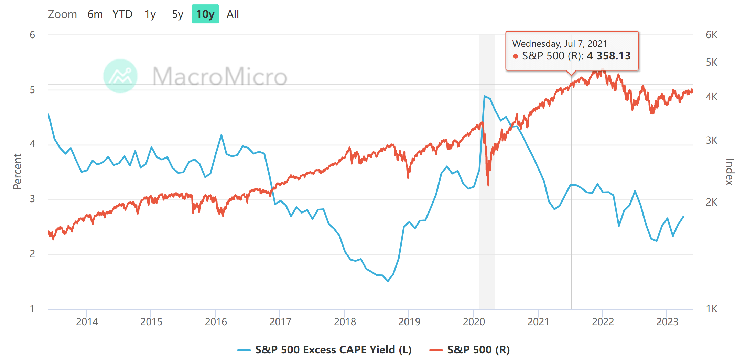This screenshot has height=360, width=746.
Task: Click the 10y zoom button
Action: coord(205,14)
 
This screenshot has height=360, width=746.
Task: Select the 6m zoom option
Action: coord(95,14)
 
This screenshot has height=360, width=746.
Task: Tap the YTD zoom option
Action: coord(122,14)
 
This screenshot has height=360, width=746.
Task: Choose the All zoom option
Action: coord(233,14)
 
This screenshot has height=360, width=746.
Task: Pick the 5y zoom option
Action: coord(177,14)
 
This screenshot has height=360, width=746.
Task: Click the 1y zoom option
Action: coord(150,14)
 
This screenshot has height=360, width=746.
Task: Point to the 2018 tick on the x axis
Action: coord(345,321)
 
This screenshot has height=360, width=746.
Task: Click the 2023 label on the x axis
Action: coord(667,321)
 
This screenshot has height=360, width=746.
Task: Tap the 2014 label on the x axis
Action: coord(87,321)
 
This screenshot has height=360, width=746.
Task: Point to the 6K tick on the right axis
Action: coord(711,35)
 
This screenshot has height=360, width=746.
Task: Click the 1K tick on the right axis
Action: coord(711,309)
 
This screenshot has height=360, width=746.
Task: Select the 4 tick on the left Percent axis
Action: coord(32,144)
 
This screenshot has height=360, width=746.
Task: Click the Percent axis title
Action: coord(17,171)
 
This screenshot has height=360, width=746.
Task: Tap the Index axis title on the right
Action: coord(729,172)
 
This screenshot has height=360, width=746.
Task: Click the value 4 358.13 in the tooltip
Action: coord(608,56)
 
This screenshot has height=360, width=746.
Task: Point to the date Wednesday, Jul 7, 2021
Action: coord(559,44)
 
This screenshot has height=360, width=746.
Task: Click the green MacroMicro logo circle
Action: coord(120,76)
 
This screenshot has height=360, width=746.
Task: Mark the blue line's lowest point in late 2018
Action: coord(388,281)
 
